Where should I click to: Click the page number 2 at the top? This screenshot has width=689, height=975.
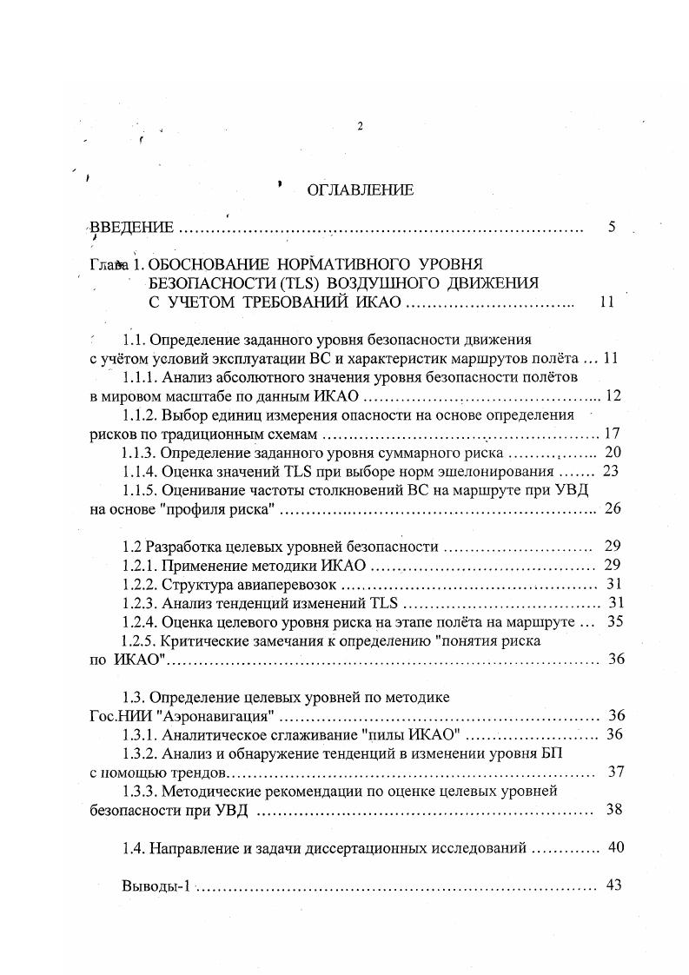tap(359, 127)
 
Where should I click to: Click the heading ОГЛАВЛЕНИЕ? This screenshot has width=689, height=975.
tap(360, 191)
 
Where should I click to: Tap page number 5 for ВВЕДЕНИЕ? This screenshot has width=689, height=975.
tap(613, 228)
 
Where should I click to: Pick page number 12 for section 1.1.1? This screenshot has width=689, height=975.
tap(614, 396)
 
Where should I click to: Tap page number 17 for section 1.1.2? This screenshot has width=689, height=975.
tap(613, 434)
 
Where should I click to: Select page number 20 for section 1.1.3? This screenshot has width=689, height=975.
tap(613, 453)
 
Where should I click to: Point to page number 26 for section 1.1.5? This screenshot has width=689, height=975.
tap(613, 509)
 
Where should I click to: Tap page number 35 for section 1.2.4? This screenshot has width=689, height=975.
tap(613, 622)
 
